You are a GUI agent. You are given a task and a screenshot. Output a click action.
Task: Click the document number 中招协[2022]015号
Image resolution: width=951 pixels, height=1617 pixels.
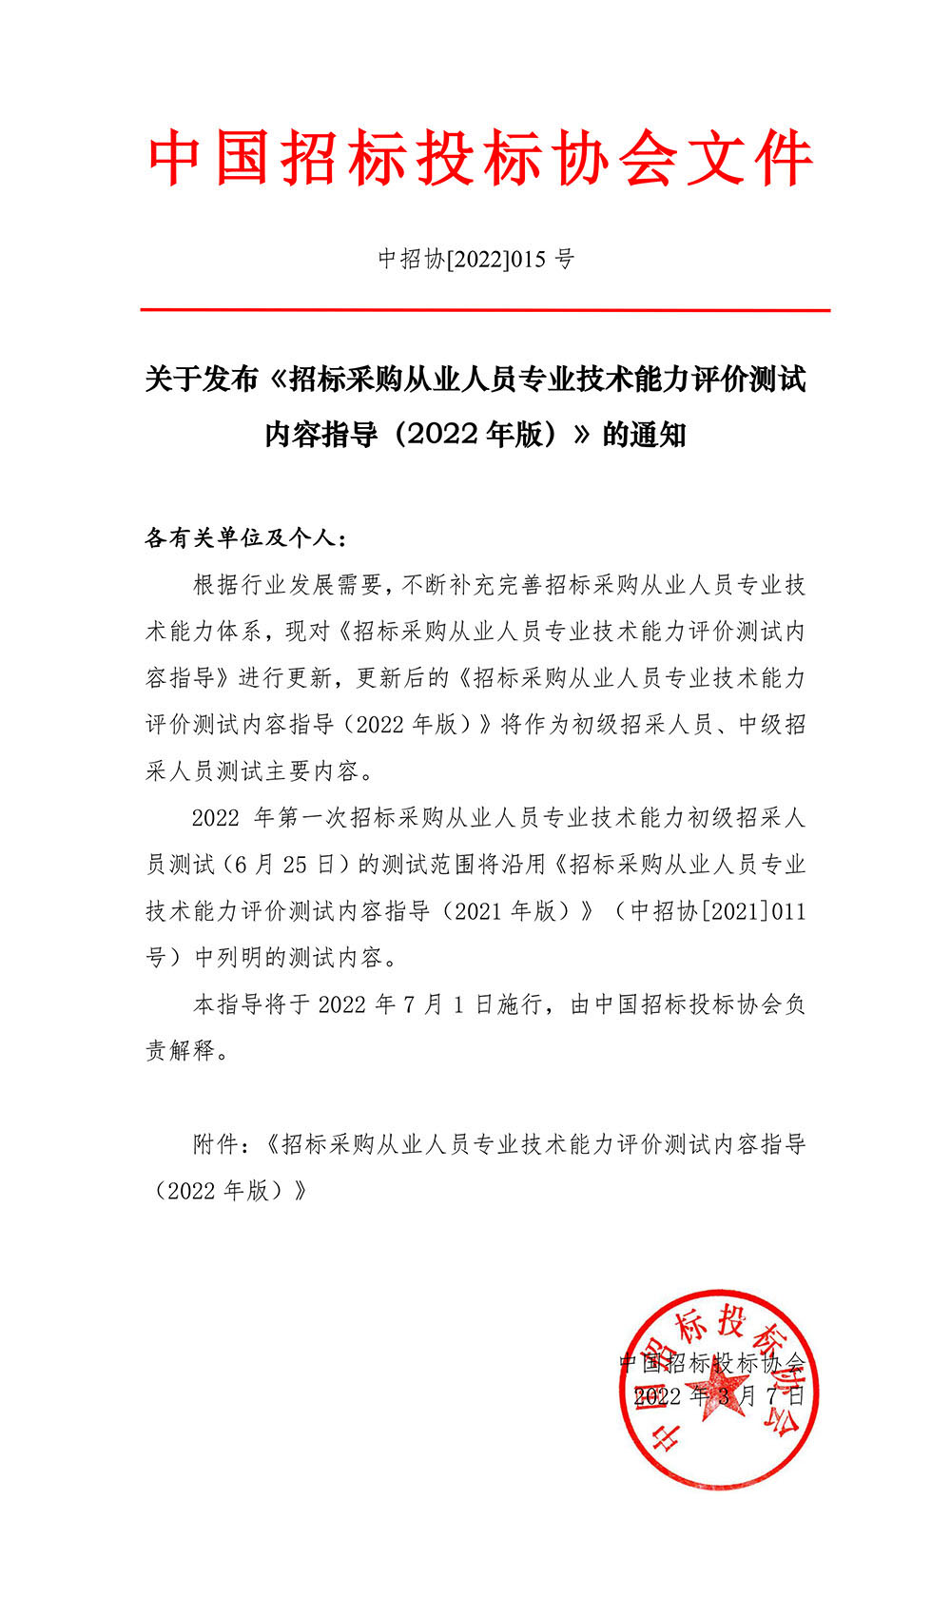point(476,259)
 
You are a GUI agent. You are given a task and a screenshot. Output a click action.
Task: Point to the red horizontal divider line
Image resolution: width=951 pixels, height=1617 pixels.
point(485,310)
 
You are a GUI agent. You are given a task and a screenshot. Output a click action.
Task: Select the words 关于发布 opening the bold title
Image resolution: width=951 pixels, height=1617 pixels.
point(202,379)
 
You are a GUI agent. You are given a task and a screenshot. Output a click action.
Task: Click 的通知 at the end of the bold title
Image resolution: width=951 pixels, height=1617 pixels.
point(644,435)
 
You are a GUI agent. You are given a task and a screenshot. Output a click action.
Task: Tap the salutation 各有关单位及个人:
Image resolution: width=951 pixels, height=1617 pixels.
point(246,538)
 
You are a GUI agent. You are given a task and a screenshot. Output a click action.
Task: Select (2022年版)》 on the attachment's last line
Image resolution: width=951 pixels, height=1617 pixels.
point(228,1191)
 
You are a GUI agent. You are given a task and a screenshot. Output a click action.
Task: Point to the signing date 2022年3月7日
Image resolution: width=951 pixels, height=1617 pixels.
point(719,1396)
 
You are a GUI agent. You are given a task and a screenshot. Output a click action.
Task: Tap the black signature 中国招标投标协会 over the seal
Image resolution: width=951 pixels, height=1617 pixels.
point(712,1363)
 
